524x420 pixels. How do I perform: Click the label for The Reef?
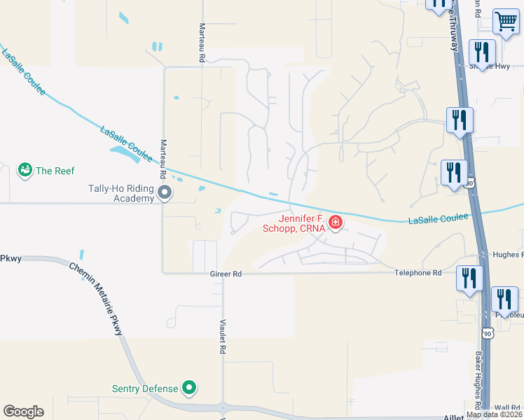pos(55,171)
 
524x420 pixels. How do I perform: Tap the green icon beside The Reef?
pos(25,170)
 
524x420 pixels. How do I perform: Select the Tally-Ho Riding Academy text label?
pos(120,193)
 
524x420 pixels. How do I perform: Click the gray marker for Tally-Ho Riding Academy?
pos(165,192)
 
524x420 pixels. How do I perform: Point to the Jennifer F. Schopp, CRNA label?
pos(294,223)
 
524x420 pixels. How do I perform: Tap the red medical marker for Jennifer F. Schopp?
pos(336,223)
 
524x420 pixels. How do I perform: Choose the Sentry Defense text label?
pos(146,388)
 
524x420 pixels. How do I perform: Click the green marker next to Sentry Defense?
pos(188,387)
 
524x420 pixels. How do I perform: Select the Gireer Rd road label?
pos(226,274)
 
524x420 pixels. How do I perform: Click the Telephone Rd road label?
pos(418,273)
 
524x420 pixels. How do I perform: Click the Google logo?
pos(23,412)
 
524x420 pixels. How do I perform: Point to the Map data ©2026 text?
pos(494,414)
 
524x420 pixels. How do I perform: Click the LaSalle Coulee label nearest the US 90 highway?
pos(439,219)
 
